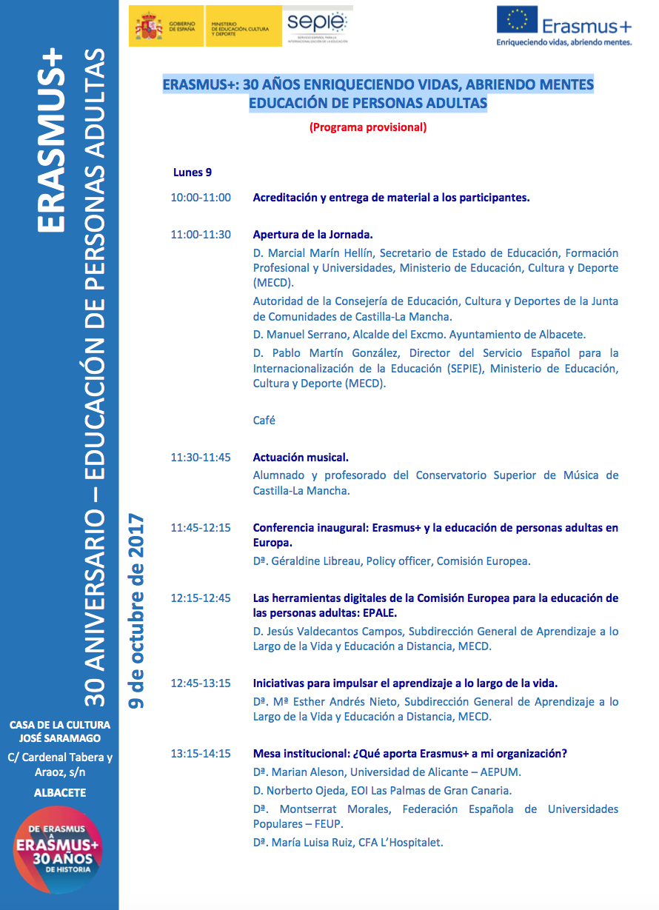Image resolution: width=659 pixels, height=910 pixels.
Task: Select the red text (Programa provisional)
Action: click(368, 127)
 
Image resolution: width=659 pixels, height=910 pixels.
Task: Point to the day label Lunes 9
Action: click(193, 173)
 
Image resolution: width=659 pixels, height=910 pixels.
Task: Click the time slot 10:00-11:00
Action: click(201, 198)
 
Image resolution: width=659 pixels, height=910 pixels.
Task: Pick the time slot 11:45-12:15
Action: click(201, 528)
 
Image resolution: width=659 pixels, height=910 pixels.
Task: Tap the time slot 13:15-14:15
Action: click(201, 754)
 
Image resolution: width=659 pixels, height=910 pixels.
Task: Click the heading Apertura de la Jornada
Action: click(312, 235)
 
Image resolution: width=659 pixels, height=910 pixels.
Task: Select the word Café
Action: click(264, 420)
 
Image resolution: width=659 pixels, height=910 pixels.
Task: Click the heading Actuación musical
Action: click(301, 458)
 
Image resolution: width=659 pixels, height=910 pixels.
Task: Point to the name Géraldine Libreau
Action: click(316, 561)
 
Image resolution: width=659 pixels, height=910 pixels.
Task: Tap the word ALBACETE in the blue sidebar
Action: click(60, 793)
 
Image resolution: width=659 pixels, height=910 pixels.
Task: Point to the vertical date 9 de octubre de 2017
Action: click(136, 612)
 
